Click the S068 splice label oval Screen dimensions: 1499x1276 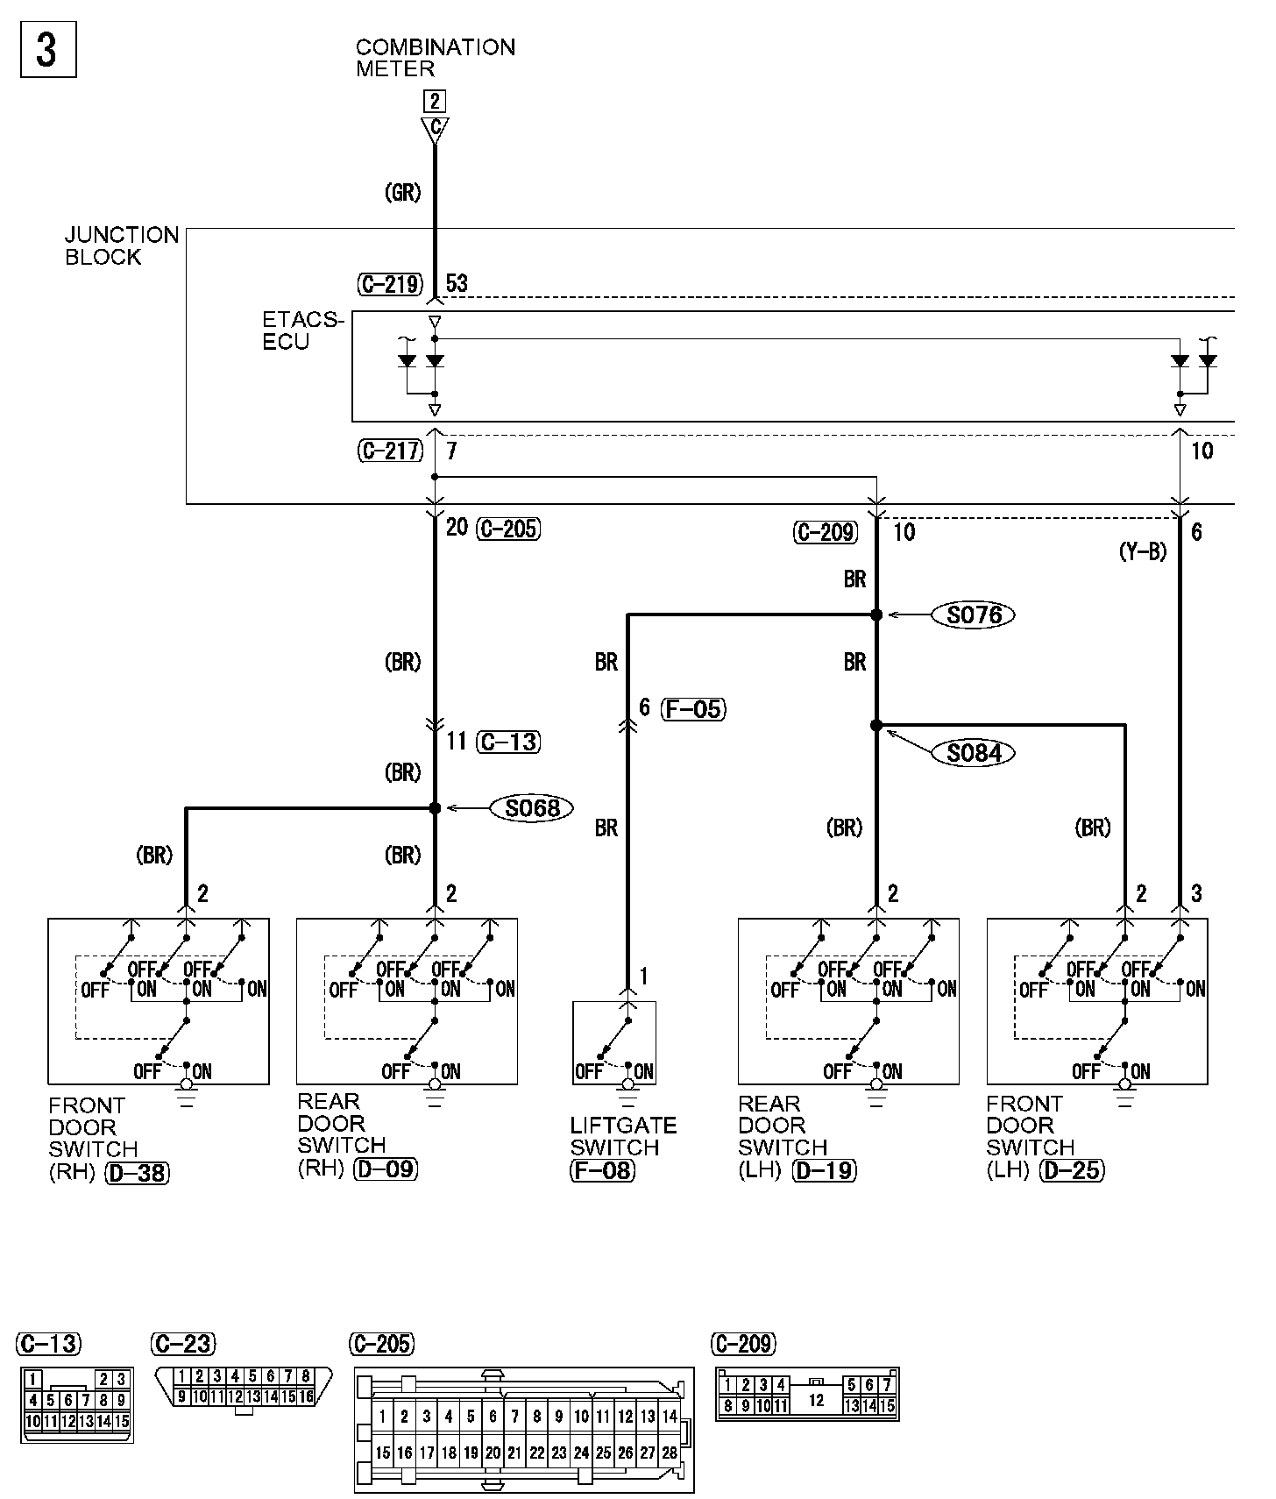[533, 807]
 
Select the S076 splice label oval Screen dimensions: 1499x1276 [975, 615]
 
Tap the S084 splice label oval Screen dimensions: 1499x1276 [974, 753]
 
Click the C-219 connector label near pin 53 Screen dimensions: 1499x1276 [390, 284]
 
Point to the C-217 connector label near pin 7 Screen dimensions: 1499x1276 [390, 451]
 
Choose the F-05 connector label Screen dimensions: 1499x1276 [695, 708]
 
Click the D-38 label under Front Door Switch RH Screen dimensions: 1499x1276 [137, 1172]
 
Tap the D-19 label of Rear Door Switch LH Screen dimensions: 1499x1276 [824, 1170]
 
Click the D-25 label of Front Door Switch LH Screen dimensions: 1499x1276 [1072, 1170]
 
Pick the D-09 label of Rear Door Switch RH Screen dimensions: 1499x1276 [386, 1169]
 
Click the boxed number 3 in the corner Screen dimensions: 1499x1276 [47, 50]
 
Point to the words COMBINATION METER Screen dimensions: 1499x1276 [435, 58]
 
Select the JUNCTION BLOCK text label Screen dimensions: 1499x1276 [121, 246]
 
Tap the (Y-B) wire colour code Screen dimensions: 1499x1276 [1143, 552]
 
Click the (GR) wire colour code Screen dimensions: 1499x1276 [403, 193]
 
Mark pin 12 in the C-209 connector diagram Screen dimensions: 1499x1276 [816, 1400]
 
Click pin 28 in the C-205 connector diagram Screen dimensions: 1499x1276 [669, 1453]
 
